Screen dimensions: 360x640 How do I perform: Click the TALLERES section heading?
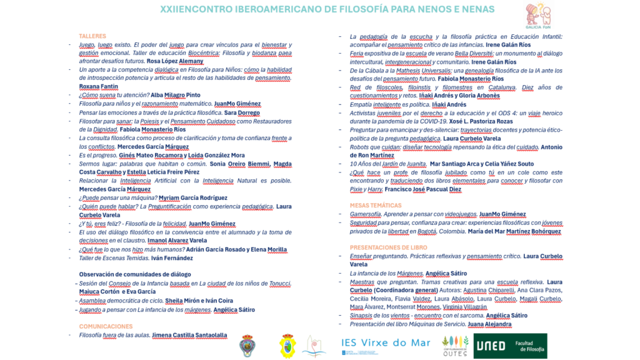[x=92, y=36]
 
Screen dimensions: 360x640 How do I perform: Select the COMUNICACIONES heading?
[x=106, y=326]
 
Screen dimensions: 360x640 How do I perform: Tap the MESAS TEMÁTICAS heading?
[x=376, y=206]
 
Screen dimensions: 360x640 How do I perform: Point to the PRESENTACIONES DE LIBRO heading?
[x=392, y=247]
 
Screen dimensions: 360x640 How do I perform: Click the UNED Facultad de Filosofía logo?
[x=510, y=346]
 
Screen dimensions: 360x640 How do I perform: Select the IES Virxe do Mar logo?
[x=386, y=343]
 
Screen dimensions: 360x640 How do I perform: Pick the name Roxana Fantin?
[x=99, y=86]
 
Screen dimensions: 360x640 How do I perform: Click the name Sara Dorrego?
[x=241, y=112]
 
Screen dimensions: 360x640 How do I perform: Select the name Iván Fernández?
[x=172, y=257]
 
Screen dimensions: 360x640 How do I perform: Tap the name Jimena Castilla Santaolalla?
[x=189, y=335]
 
